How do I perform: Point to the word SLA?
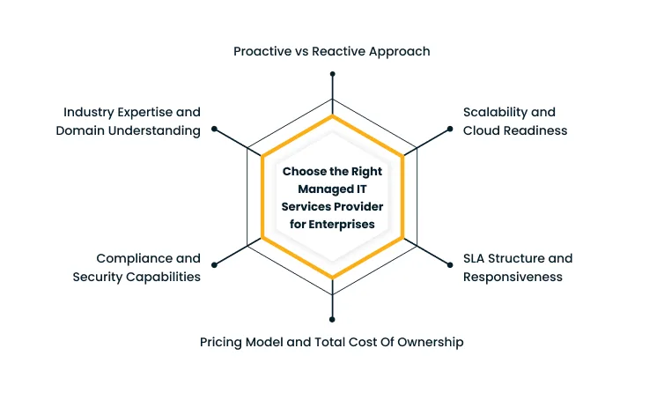pyautogui.click(x=476, y=258)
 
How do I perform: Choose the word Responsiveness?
pyautogui.click(x=513, y=277)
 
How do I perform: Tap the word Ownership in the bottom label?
pyautogui.click(x=430, y=341)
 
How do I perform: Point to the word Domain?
pyautogui.click(x=80, y=130)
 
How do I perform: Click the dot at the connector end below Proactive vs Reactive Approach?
pyautogui.click(x=332, y=74)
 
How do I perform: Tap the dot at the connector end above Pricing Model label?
pyautogui.click(x=332, y=319)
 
